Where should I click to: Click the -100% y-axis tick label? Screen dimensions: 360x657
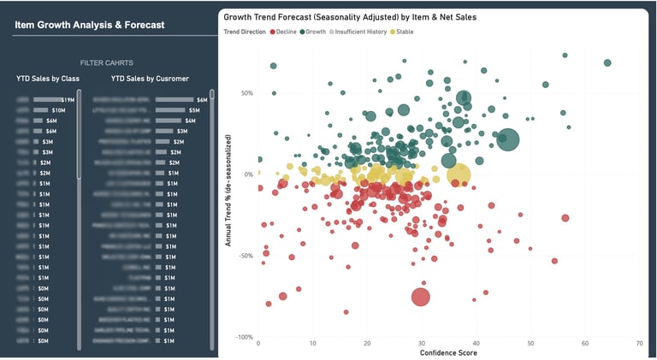(243, 337)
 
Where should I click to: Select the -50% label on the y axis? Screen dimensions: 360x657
(245, 256)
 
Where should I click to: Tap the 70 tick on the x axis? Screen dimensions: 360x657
(639, 344)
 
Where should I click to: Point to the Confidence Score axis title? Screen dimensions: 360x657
(448, 352)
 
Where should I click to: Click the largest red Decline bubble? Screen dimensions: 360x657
(420, 297)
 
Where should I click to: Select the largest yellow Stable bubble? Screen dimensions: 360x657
(459, 175)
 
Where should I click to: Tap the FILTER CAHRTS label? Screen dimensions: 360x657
(106, 63)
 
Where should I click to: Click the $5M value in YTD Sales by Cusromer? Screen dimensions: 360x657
(194, 110)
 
